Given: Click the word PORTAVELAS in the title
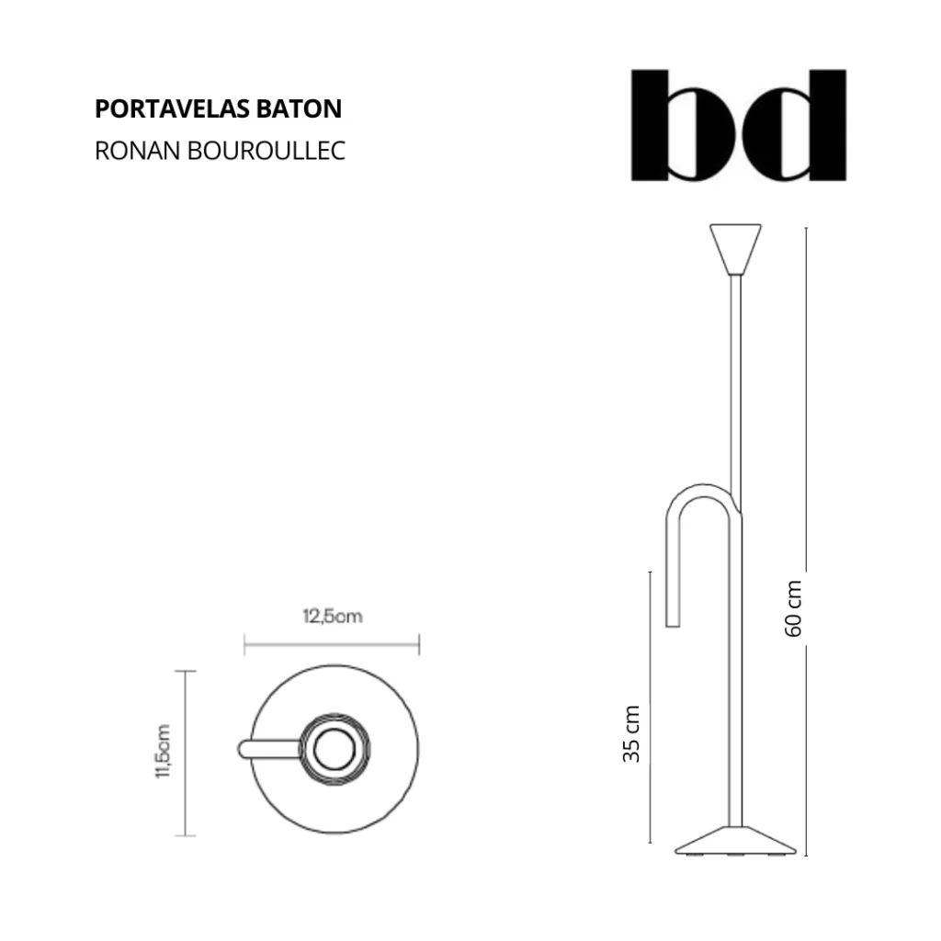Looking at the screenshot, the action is [173, 108].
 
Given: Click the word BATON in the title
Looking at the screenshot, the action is [300, 108].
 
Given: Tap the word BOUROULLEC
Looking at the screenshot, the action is [266, 151].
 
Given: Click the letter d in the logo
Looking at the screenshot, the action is [795, 125].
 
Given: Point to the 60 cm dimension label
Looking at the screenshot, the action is [793, 608].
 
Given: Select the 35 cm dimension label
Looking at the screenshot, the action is [630, 733].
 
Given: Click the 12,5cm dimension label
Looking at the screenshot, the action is [333, 617].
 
